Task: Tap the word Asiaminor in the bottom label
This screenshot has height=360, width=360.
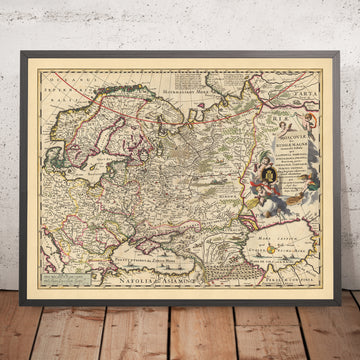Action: pyautogui.click(x=160, y=272)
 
